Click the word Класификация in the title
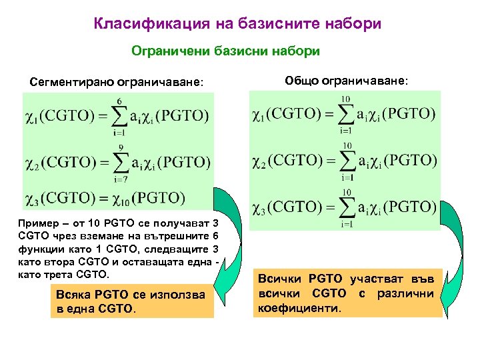tap(147, 25)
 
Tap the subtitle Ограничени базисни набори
tap(225, 51)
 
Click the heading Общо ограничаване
tap(345, 80)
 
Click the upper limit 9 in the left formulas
tap(119, 147)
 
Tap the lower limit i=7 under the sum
tap(119, 178)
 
